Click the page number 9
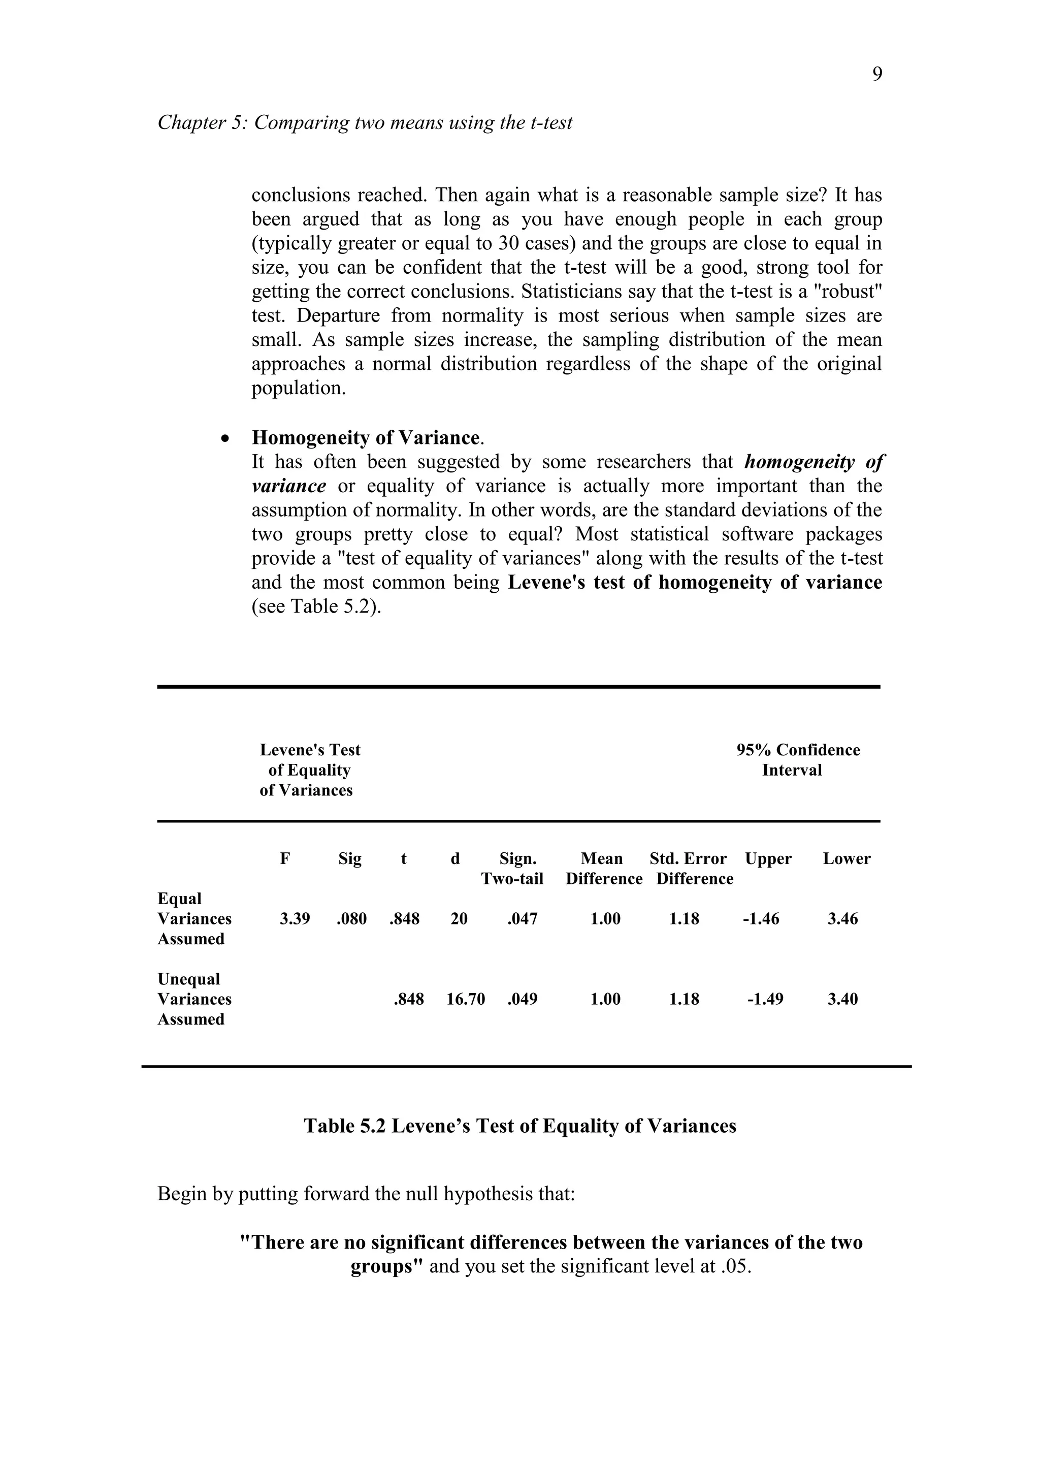pyautogui.click(x=876, y=75)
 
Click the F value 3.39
pyautogui.click(x=295, y=919)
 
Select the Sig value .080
pyautogui.click(x=351, y=919)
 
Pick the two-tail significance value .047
pyautogui.click(x=522, y=919)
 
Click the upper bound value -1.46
pyautogui.click(x=761, y=919)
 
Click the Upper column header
pyautogui.click(x=768, y=858)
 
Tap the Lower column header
pyautogui.click(x=847, y=858)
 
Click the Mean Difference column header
pyautogui.click(x=603, y=868)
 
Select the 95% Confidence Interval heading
pyautogui.click(x=797, y=760)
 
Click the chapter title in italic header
pyautogui.click(x=365, y=122)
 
